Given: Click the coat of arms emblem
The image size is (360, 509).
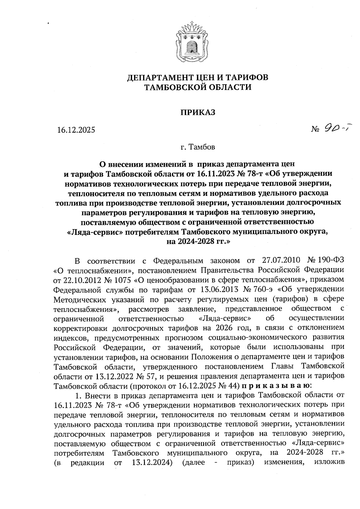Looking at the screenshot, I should (190, 41).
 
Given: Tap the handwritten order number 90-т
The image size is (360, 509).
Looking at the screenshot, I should (337, 129).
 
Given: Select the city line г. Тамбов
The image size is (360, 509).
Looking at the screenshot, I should (198, 147).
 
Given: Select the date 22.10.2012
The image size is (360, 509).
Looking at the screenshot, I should (76, 280).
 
